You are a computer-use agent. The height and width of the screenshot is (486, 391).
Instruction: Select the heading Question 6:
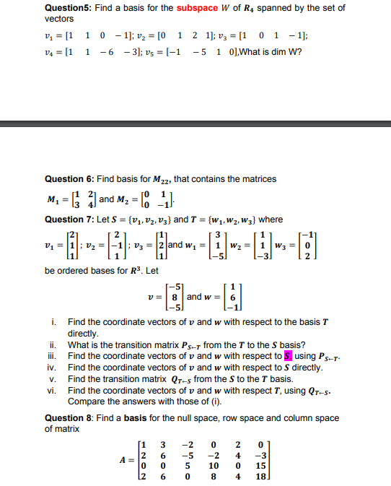tap(69, 178)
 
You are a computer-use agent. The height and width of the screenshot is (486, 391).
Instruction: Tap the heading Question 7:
tap(69, 220)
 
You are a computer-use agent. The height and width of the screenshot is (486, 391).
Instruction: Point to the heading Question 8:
tap(69, 417)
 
